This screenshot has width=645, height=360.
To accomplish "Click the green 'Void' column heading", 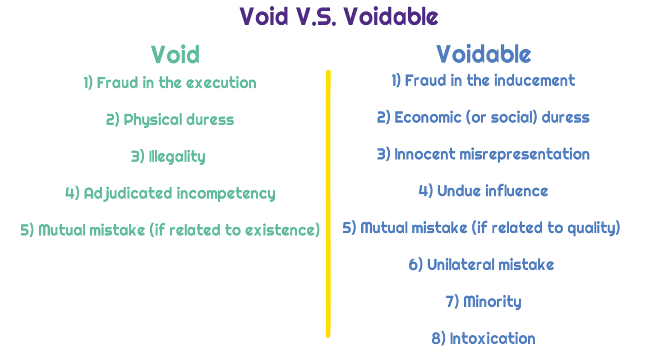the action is point(175,55).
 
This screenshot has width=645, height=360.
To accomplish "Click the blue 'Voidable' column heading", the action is point(484,54).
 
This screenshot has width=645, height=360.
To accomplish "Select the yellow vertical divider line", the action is point(328,203).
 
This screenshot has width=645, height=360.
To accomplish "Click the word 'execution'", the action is point(221,83).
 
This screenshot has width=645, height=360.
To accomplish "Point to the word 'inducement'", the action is point(534,80).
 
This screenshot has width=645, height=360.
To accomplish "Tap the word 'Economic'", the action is point(428,117).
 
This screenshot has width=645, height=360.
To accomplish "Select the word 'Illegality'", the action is point(177,157).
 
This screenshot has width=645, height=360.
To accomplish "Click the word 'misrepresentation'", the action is point(525,155).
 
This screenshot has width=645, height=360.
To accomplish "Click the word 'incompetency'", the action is point(226,194).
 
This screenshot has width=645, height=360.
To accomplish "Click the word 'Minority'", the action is point(492,302).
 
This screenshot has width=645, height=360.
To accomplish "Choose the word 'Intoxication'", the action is point(493,338).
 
